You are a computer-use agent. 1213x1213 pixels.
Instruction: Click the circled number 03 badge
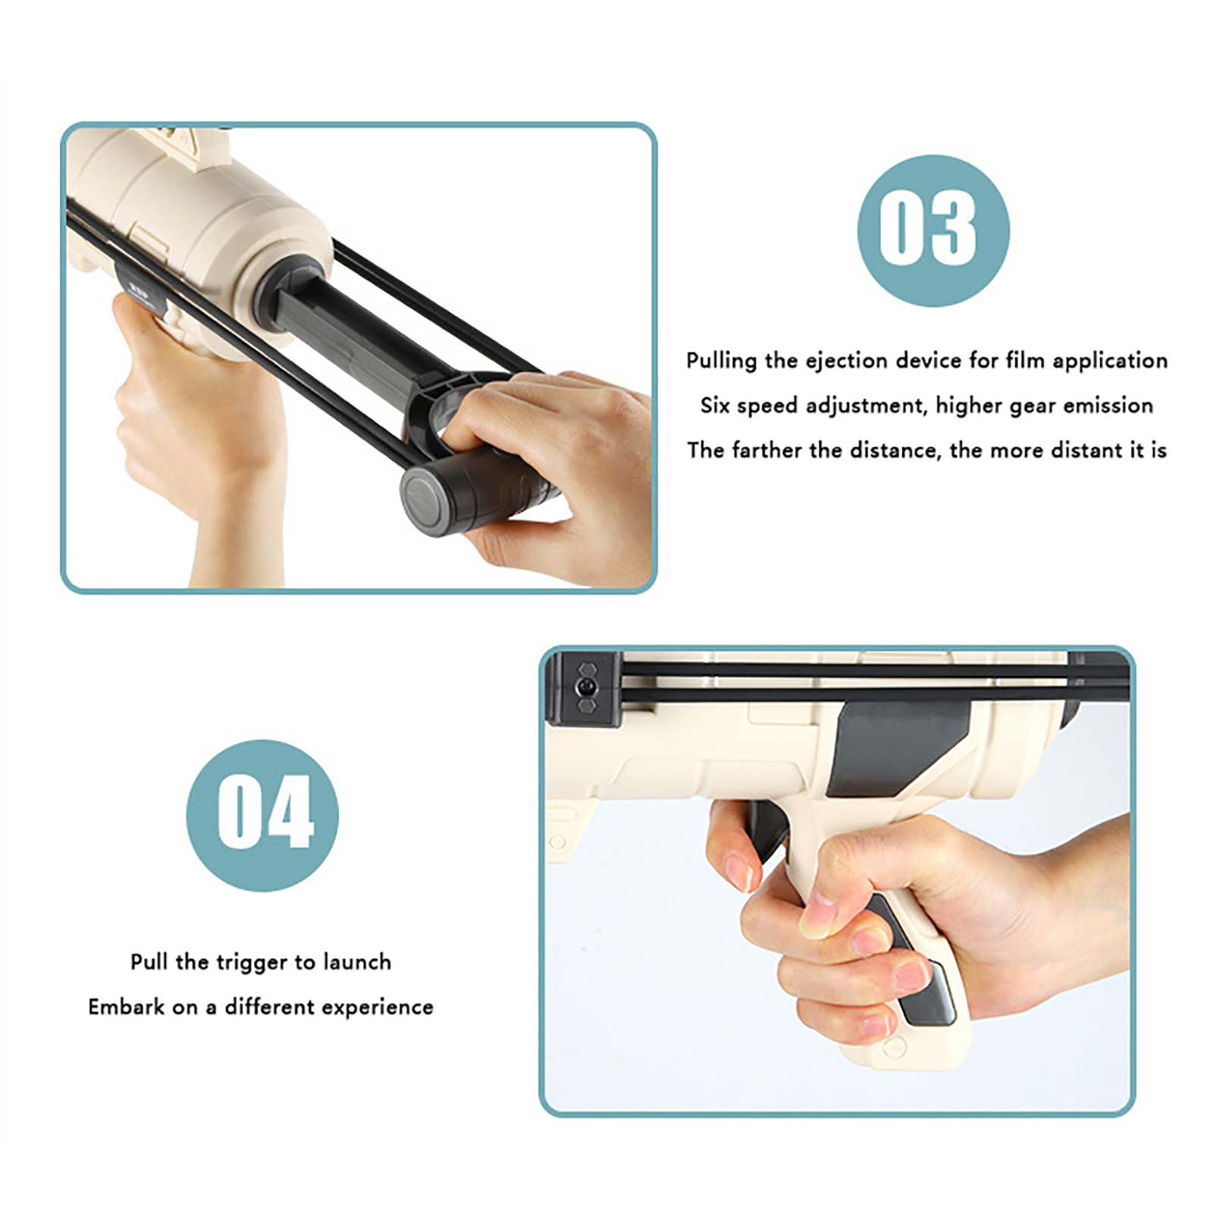(933, 230)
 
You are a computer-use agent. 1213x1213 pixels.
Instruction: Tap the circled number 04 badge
(262, 815)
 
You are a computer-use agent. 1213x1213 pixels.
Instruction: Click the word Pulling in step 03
(721, 361)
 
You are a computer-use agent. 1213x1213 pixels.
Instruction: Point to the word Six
(715, 405)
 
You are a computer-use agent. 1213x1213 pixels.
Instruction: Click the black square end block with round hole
(585, 688)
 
